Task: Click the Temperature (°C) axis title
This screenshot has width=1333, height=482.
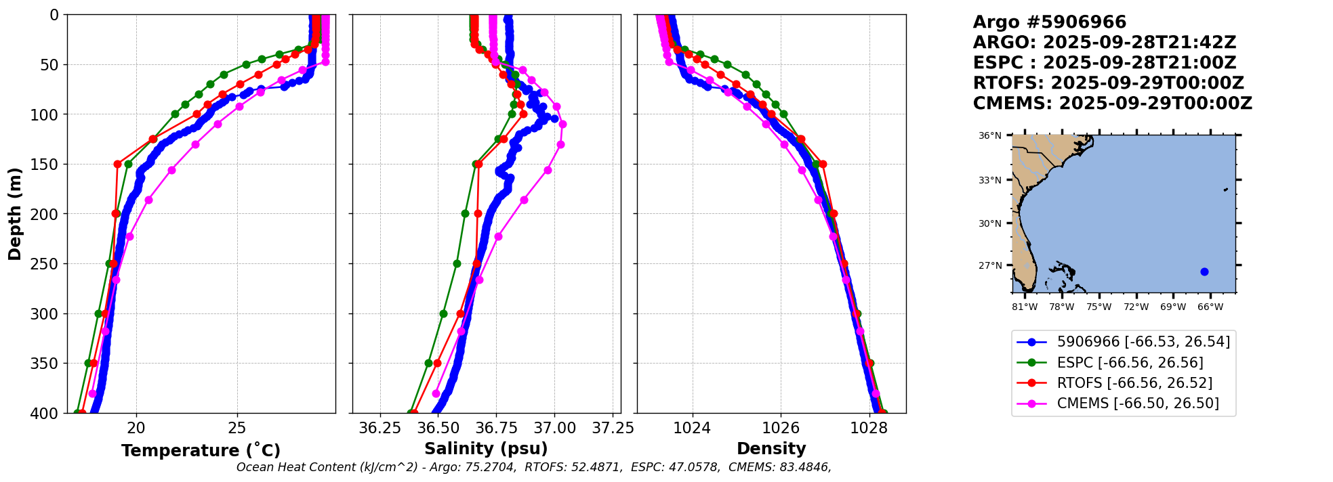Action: coord(201,450)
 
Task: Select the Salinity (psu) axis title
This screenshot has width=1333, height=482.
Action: coord(486,449)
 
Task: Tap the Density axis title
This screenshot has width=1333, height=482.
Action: coord(771,449)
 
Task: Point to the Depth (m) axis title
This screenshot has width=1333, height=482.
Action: coord(15,214)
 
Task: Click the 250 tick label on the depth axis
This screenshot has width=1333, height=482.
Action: coord(46,264)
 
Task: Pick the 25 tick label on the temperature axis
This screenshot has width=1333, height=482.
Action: coord(237,428)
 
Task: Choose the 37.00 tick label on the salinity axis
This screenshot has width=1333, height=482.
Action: coord(554,428)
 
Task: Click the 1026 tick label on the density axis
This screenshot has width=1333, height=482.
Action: coord(781,428)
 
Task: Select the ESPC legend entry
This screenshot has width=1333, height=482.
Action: coord(1130,362)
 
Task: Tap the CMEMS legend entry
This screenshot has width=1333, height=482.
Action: coord(1137,403)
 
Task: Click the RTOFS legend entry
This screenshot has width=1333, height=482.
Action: coord(1134,383)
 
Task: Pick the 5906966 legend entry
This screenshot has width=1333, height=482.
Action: coord(1143,342)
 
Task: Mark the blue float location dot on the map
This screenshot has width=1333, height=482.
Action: coord(1204,271)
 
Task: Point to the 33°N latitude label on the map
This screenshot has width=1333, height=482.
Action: coord(989,180)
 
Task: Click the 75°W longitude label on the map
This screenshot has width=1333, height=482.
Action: coord(1099,307)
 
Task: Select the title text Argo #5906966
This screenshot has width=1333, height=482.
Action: coord(1049,22)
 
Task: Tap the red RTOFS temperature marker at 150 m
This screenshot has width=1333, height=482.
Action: coord(117,164)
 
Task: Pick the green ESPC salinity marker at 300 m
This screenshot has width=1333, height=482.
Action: coord(443,313)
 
